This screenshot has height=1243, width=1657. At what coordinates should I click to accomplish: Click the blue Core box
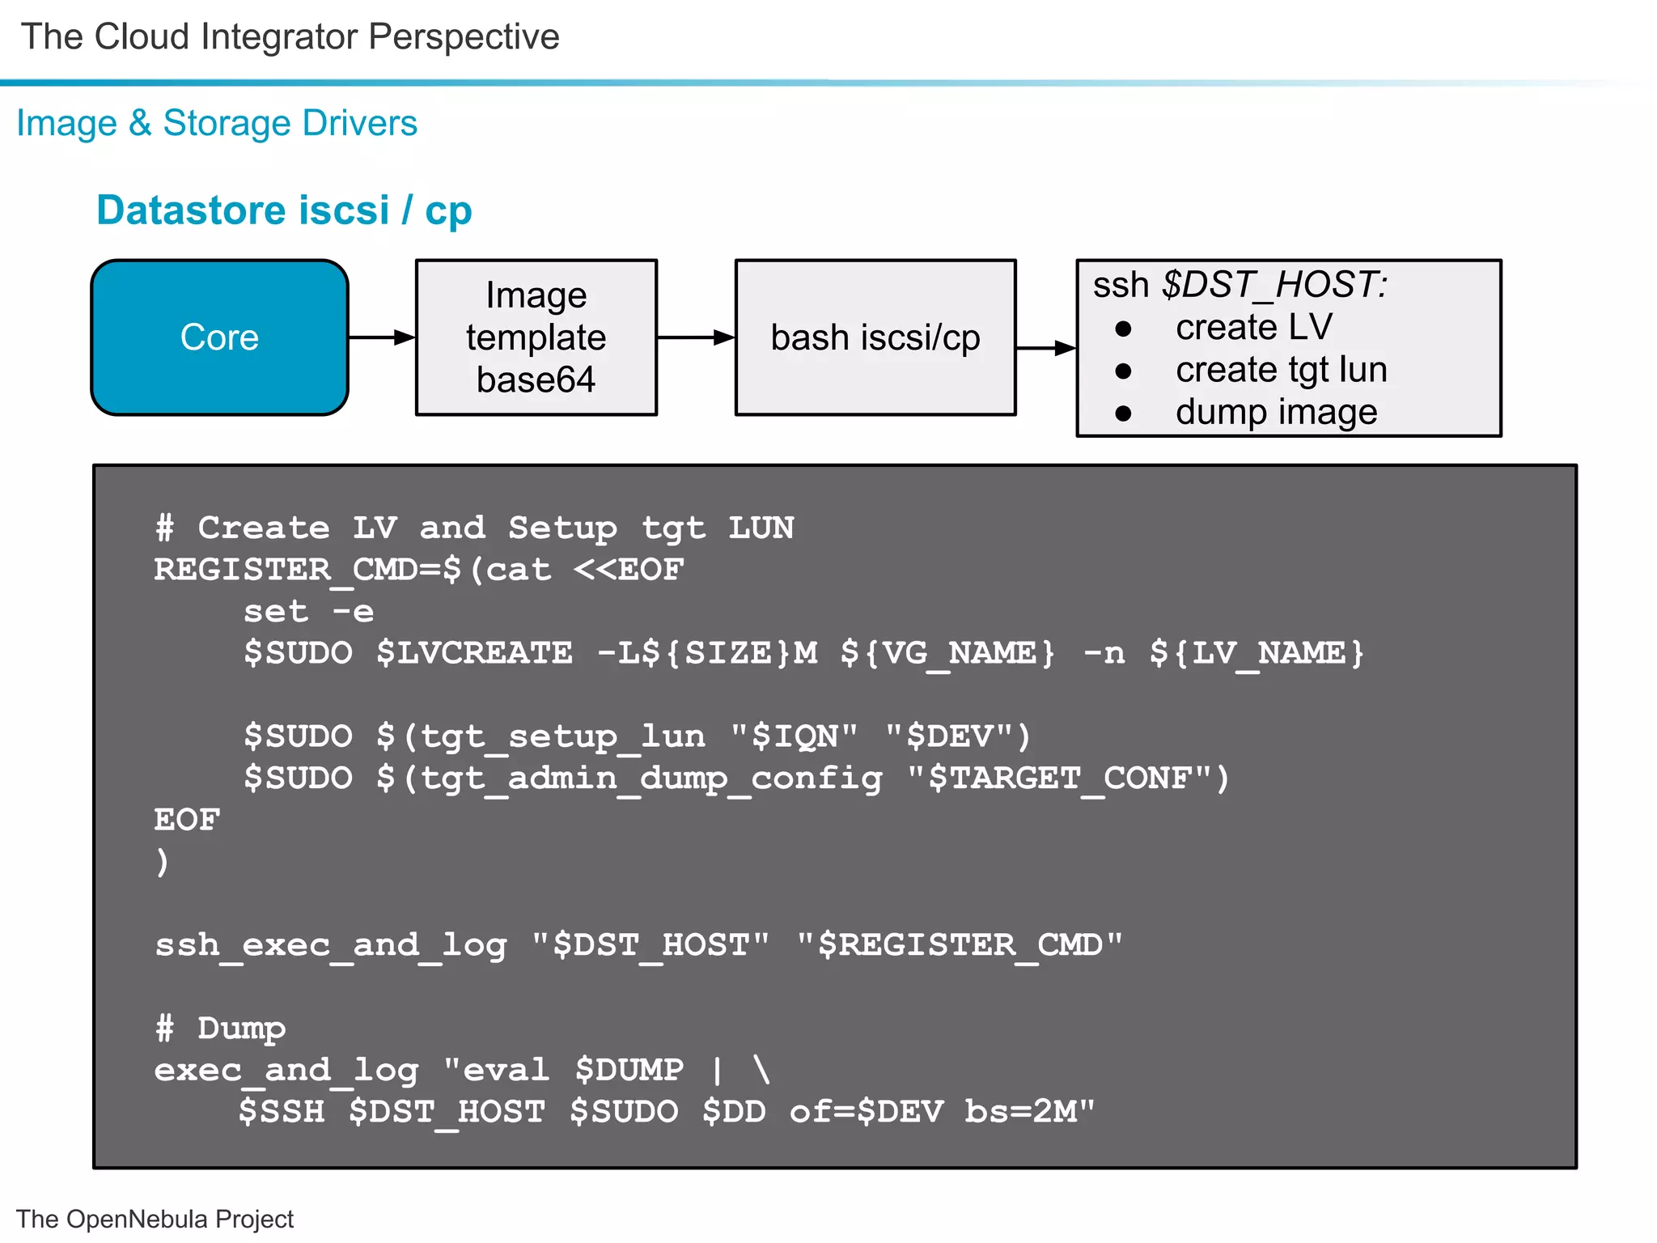(219, 337)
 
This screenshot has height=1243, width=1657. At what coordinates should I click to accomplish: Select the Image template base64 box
(536, 337)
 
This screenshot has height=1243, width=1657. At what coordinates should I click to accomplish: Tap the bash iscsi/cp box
(875, 337)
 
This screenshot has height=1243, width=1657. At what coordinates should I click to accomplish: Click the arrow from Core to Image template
(381, 337)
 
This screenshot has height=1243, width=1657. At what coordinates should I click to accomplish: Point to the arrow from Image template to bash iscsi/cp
(695, 337)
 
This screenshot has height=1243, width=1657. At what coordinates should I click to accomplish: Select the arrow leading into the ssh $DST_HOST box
(1045, 348)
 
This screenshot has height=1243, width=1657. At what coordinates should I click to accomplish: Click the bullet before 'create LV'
(1123, 329)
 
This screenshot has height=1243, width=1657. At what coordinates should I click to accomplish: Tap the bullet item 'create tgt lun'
(1281, 370)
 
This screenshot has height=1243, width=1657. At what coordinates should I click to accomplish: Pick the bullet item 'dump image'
(1276, 413)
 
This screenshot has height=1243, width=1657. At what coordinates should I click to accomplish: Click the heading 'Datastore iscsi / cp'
(284, 210)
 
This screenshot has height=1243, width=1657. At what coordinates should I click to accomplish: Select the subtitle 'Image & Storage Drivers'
(217, 123)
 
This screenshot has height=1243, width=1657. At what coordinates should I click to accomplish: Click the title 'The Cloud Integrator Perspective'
(290, 37)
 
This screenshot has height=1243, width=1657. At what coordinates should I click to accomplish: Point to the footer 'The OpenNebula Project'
(155, 1219)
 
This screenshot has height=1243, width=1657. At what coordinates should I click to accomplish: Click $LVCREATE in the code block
(474, 653)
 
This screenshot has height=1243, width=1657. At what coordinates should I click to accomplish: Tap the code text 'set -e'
(308, 612)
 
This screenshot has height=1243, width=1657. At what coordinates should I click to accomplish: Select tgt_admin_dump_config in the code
(651, 778)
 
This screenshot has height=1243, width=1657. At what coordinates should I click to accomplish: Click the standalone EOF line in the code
(187, 820)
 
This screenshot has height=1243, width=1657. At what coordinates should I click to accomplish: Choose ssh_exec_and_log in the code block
(330, 945)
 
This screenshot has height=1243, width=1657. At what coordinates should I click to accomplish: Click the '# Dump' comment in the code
(220, 1029)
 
